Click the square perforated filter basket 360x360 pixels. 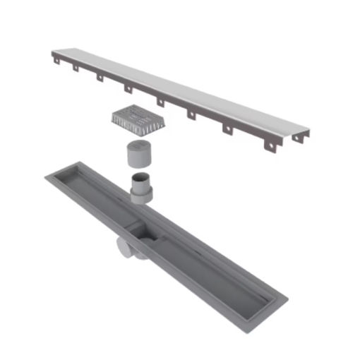138,119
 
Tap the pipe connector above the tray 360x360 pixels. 141,187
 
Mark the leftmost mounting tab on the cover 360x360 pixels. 73,68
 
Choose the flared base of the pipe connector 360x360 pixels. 141,197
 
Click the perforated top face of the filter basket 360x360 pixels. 140,113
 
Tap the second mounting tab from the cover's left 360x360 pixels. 100,77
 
